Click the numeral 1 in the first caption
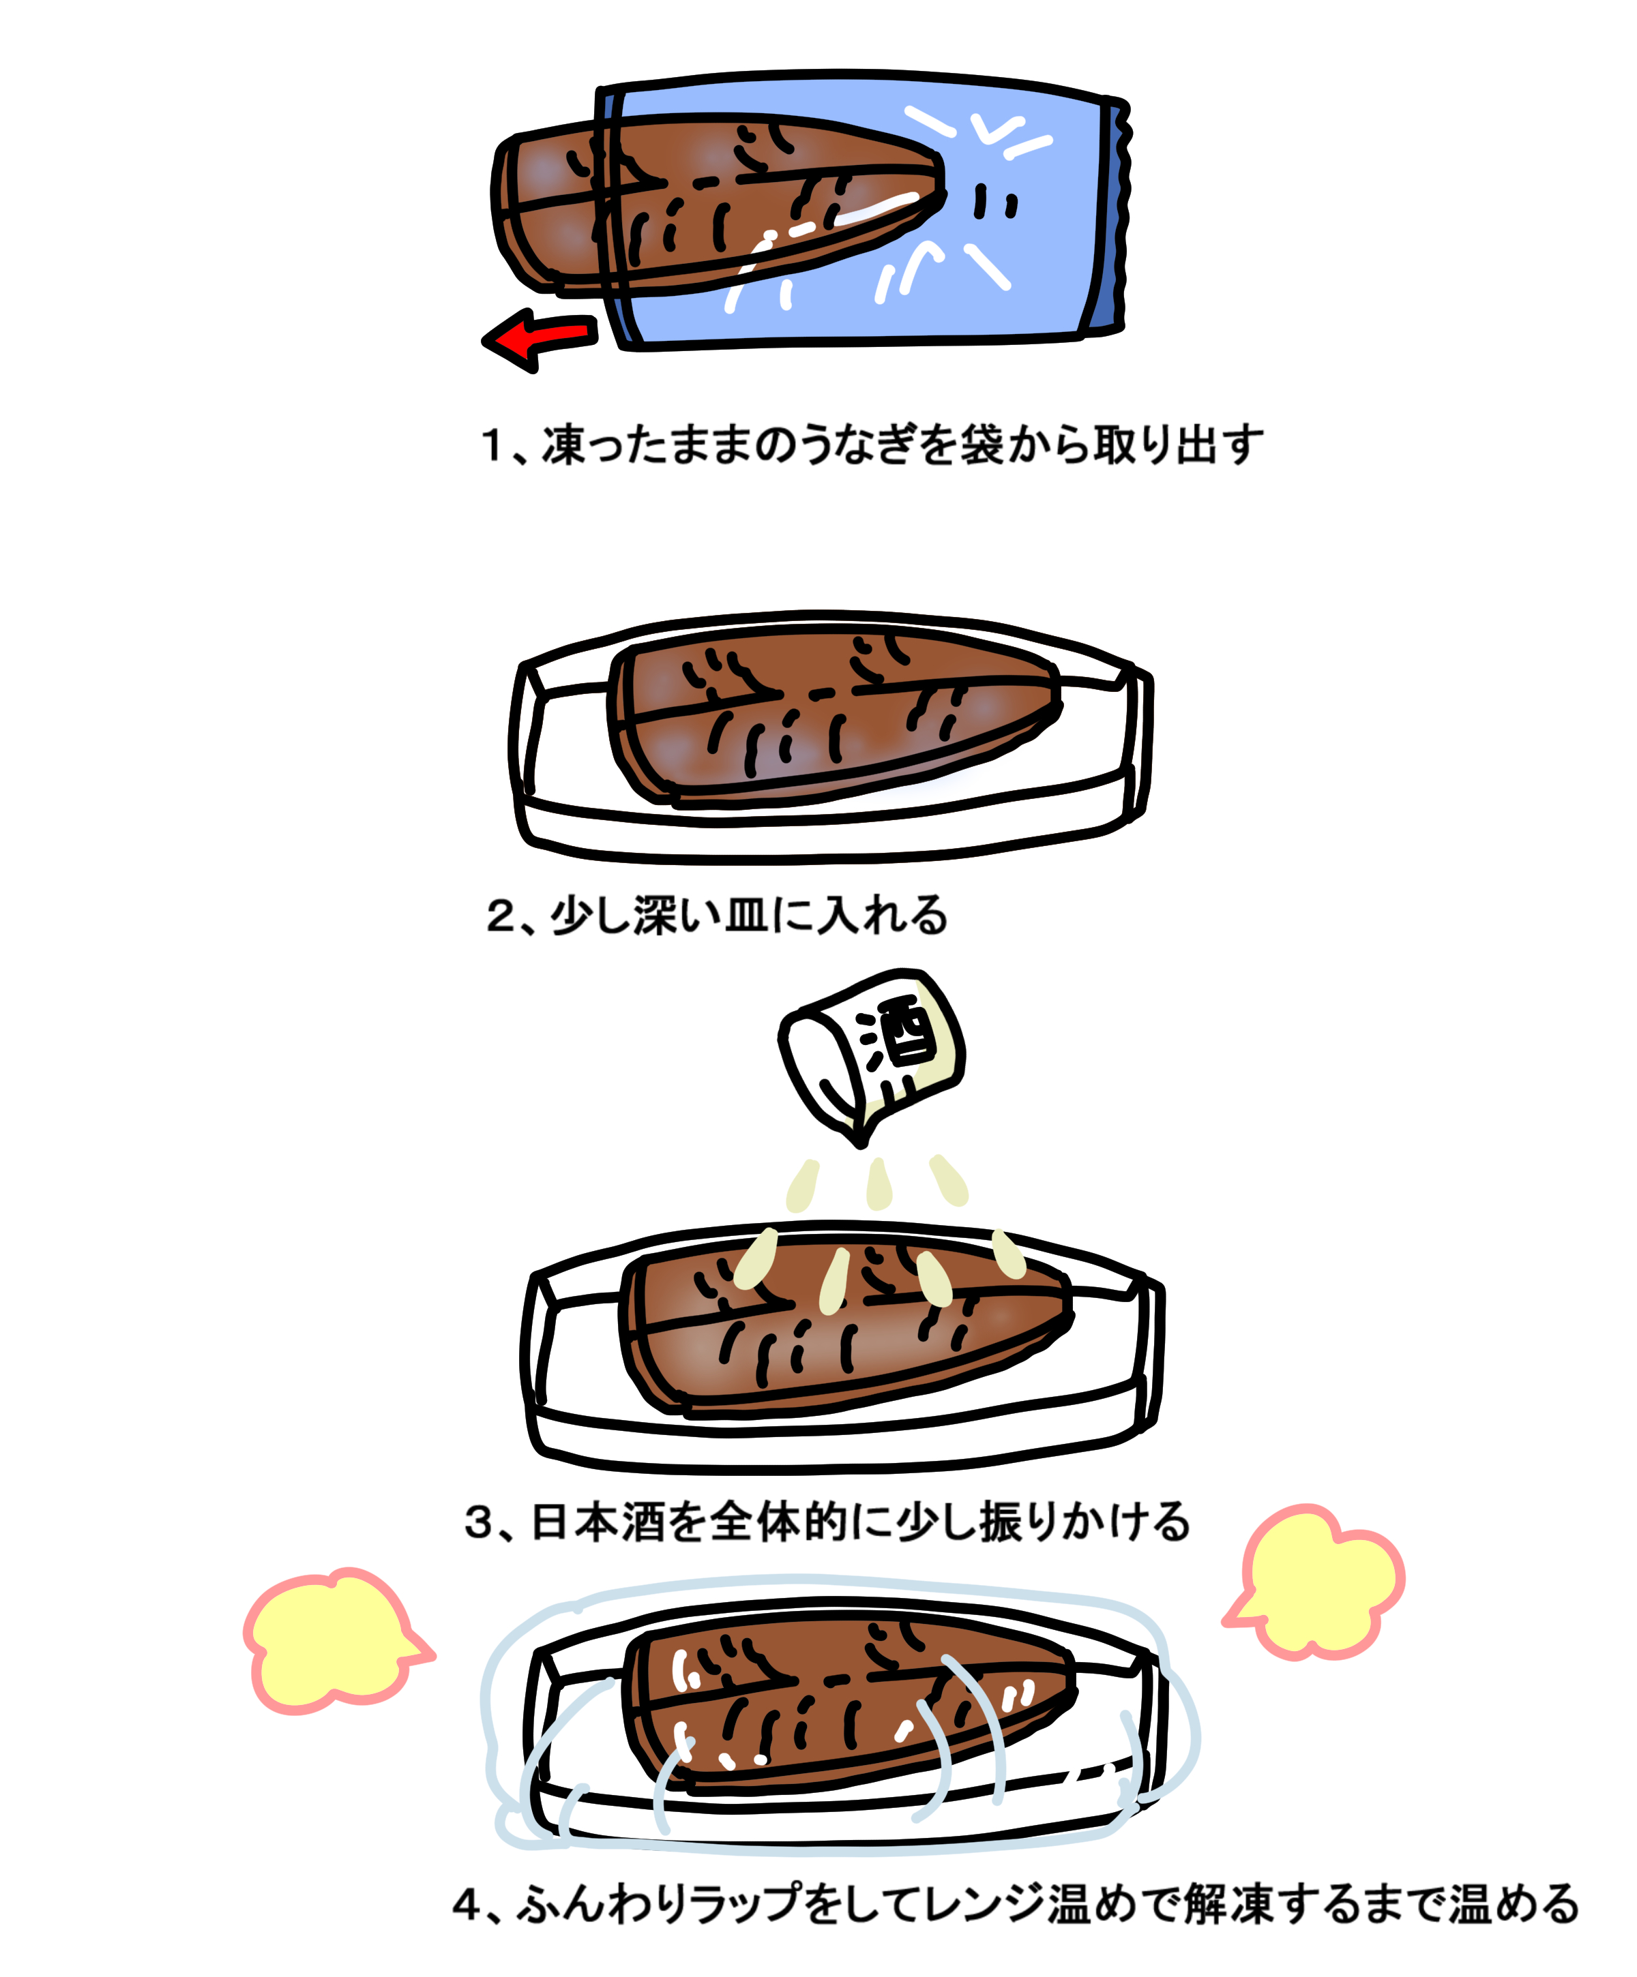[x=492, y=445]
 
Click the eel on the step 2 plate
[x=829, y=720]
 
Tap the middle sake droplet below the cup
[x=878, y=1184]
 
